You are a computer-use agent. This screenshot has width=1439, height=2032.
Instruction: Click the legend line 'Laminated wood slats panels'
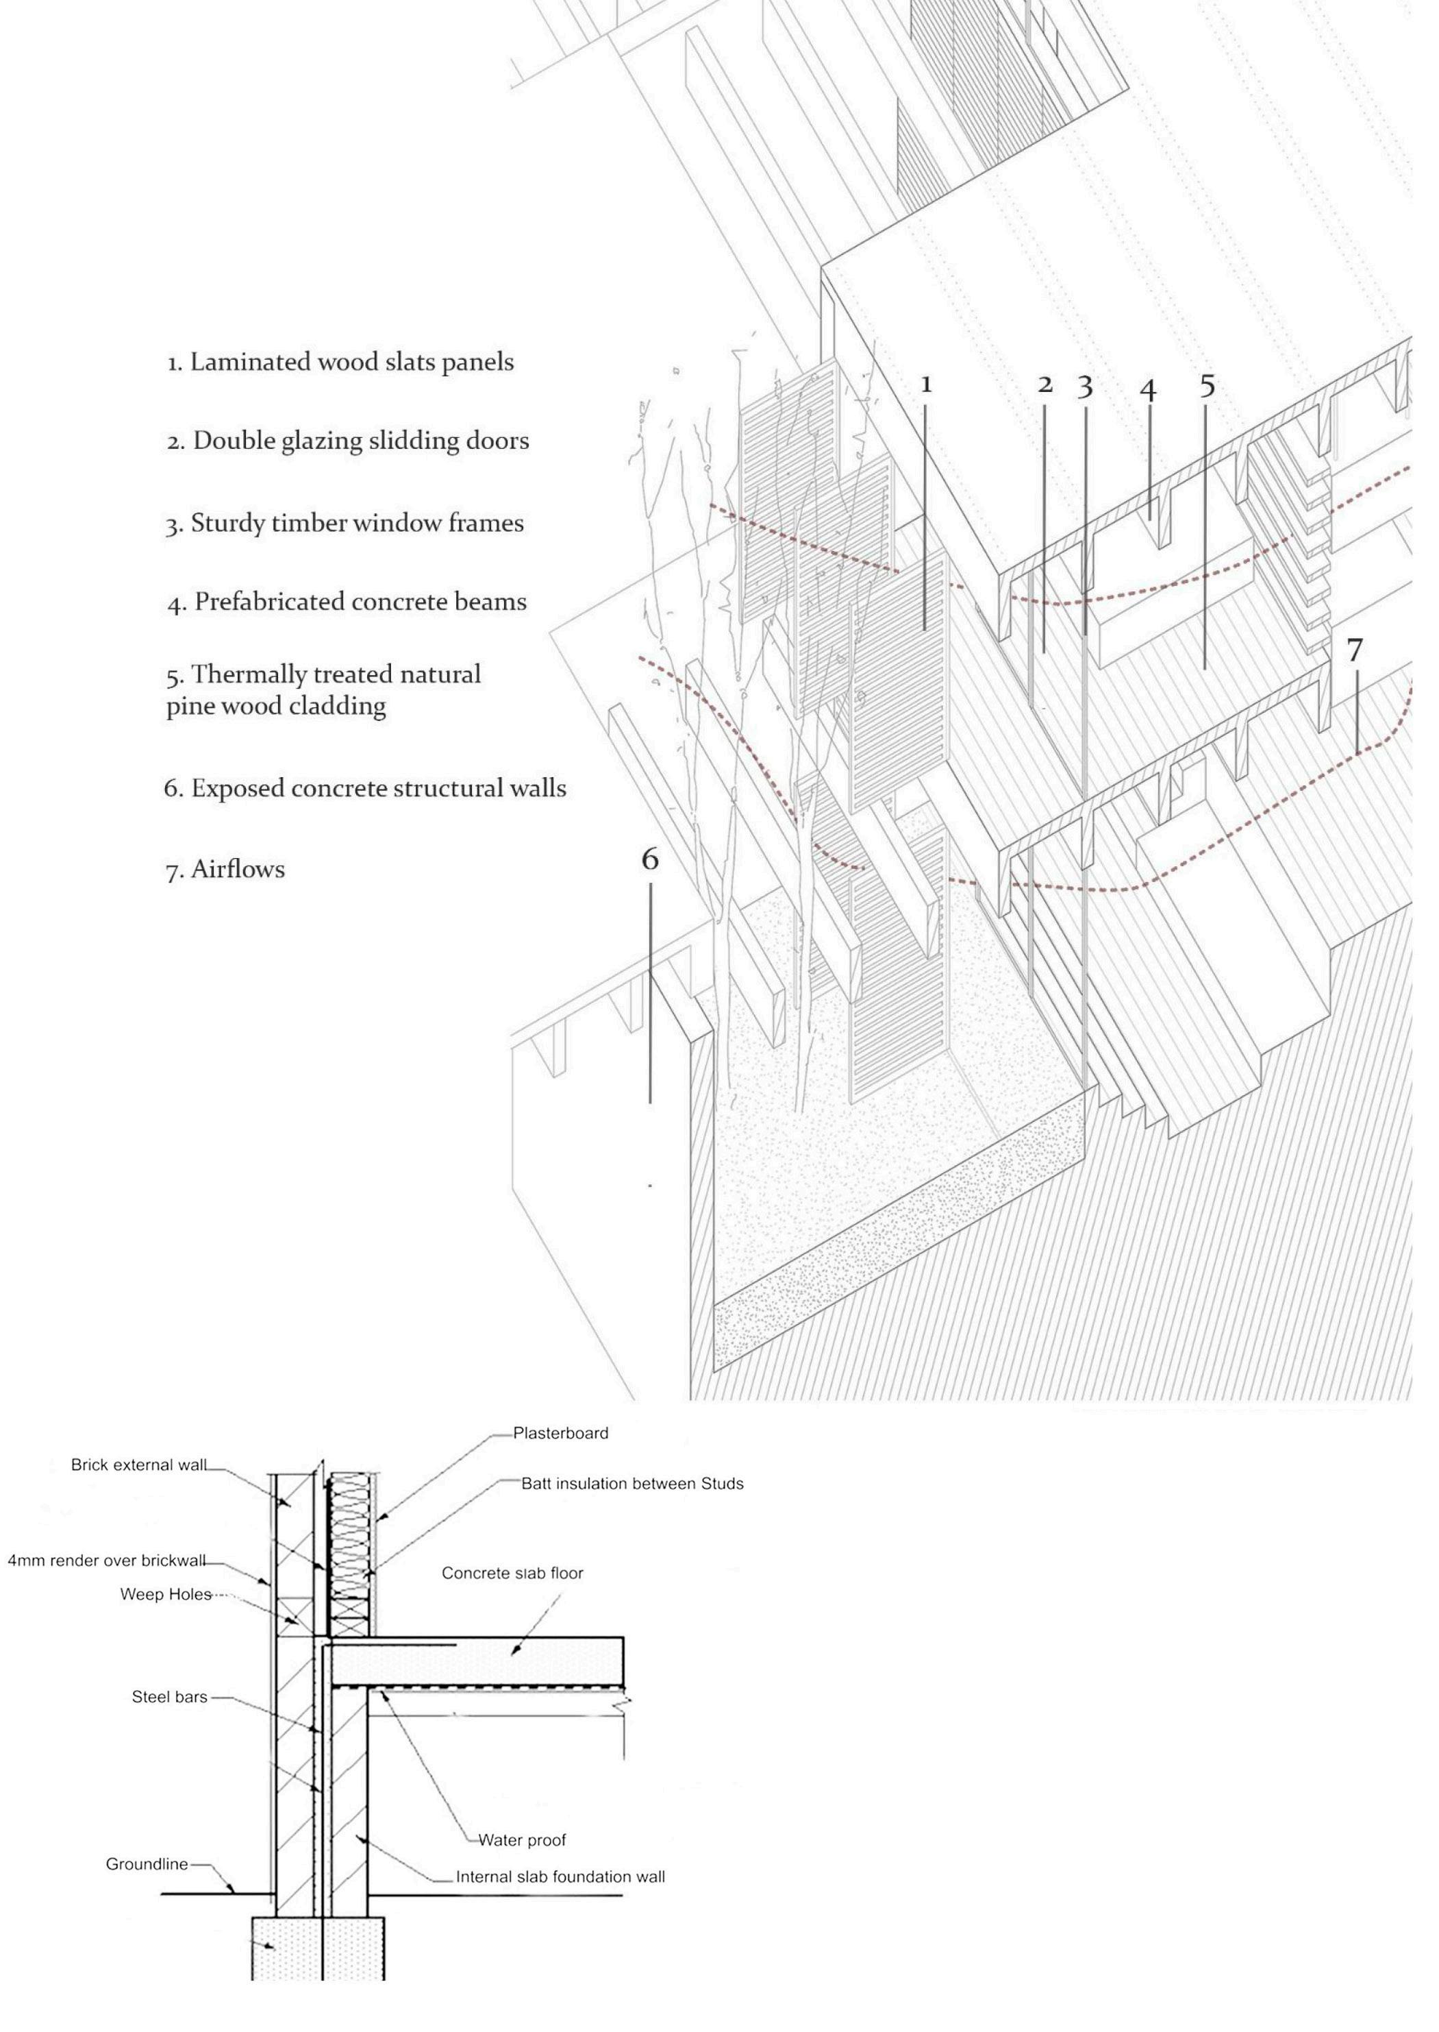[341, 363]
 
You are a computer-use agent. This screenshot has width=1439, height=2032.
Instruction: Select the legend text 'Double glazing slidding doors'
[348, 441]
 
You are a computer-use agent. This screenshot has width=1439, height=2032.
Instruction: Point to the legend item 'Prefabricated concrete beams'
[347, 603]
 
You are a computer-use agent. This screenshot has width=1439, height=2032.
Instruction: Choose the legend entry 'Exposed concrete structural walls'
[365, 789]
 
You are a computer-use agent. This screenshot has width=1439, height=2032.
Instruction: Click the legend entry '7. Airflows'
[226, 869]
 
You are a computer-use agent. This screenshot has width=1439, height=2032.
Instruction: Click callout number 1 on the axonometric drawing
[926, 384]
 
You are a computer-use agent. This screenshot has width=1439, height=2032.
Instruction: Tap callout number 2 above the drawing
[1044, 384]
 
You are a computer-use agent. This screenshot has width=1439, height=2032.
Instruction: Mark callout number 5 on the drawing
[1207, 387]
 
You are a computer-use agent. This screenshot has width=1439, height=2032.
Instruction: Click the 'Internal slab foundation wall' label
[560, 1877]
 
